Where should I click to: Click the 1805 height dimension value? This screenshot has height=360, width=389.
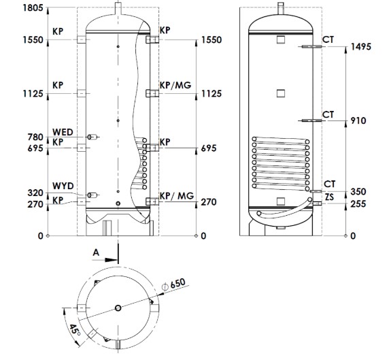(33, 7)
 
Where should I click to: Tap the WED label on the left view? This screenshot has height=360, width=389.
(63, 132)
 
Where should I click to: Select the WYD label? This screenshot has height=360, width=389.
(63, 186)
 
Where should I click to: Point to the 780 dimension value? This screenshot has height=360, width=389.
(35, 137)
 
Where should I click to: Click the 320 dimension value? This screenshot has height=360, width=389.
(35, 193)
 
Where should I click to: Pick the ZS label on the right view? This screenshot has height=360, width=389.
(329, 197)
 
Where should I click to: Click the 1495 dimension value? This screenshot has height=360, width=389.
(360, 47)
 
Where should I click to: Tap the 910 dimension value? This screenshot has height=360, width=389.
(358, 120)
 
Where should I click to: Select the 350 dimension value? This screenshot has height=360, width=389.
(358, 192)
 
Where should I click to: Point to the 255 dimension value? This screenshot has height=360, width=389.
(358, 204)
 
